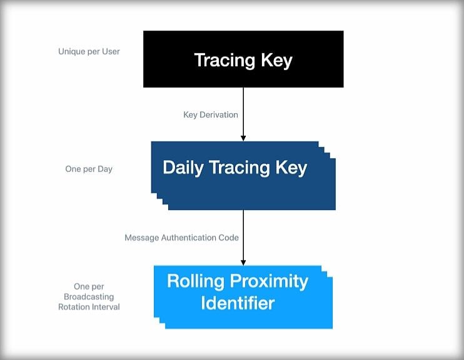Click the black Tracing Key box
point(243,59)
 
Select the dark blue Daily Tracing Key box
point(243,176)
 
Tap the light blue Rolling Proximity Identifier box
point(243,297)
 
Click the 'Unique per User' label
point(89,52)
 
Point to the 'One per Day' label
point(89,169)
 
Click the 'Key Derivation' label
point(211,115)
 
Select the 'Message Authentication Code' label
point(182,237)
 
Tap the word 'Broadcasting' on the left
point(89,297)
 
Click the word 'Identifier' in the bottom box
point(238,303)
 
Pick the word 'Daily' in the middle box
point(183,168)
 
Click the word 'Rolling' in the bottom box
point(196,281)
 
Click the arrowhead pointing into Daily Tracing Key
point(243,138)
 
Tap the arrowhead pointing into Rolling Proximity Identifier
point(243,262)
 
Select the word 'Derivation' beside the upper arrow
point(219,115)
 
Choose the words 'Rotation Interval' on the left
point(89,307)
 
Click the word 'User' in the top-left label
point(111,51)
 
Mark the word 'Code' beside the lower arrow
point(228,237)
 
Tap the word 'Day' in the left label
point(105,169)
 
